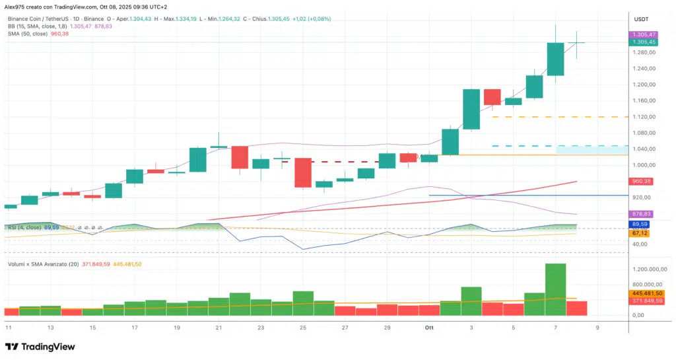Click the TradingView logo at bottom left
click(x=39, y=347)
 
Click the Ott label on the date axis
click(x=429, y=327)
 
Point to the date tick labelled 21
click(x=218, y=327)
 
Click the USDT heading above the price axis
click(x=642, y=19)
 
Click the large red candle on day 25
click(x=302, y=172)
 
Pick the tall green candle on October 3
click(x=471, y=109)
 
